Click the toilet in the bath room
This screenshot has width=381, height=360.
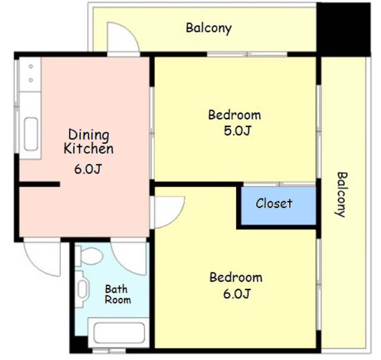89,256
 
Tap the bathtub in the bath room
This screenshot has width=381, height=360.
119,333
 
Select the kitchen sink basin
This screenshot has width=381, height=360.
31,134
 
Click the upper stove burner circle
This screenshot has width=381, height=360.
31,66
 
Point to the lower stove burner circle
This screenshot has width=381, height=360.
31,80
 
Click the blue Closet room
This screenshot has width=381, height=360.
278,206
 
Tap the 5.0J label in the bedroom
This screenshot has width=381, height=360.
237,131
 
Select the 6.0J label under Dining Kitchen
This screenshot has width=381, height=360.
87,169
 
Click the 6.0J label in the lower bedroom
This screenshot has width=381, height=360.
237,294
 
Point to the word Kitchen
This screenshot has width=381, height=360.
89,148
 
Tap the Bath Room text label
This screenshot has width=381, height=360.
118,294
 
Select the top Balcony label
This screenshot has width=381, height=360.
209,28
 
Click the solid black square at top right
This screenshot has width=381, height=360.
344,30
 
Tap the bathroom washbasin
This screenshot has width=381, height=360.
81,289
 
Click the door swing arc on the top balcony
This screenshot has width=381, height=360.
129,29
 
